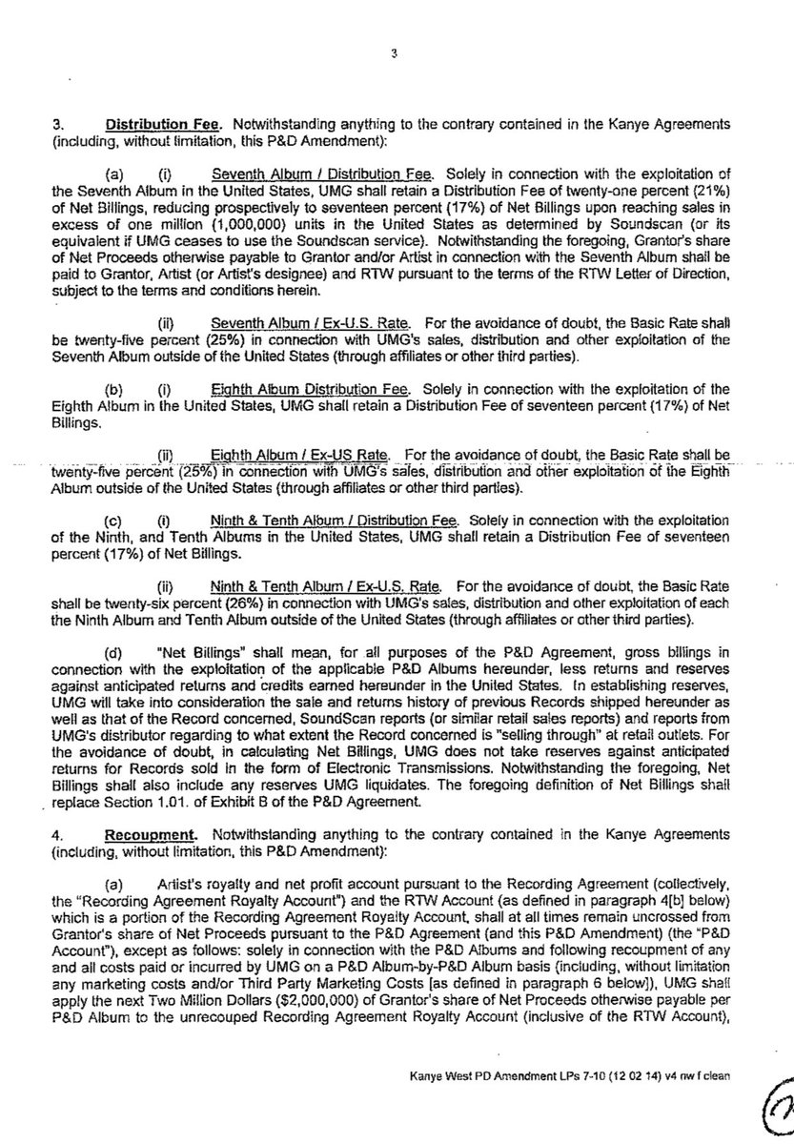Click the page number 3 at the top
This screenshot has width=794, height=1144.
(393, 54)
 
